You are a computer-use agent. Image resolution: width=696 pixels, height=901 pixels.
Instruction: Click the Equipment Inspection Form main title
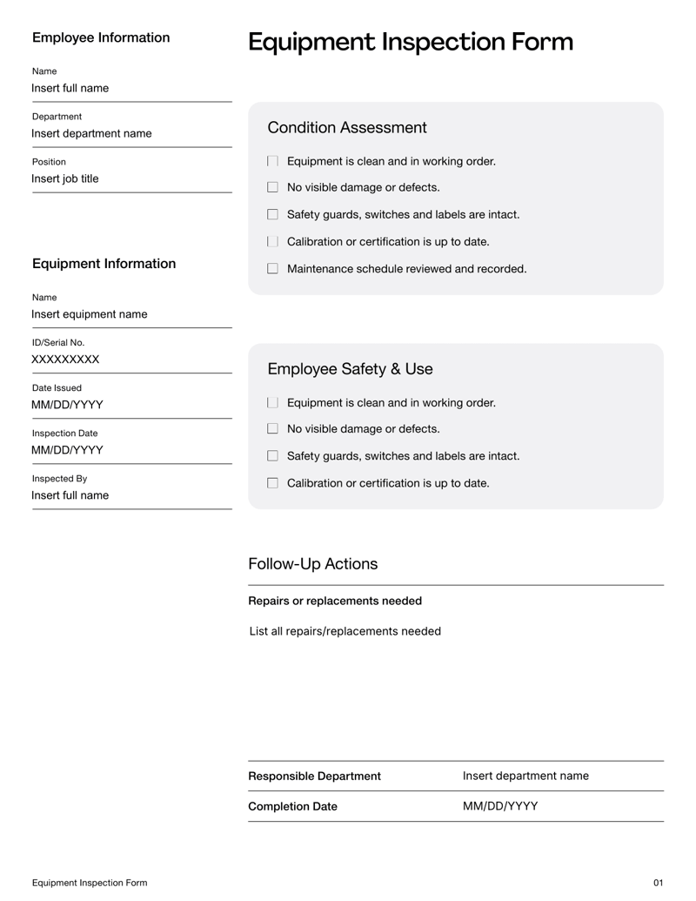(x=410, y=42)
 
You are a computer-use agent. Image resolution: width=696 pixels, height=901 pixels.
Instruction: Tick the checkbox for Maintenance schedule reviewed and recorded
(x=272, y=269)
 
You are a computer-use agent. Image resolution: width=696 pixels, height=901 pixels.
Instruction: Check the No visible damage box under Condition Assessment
(x=272, y=187)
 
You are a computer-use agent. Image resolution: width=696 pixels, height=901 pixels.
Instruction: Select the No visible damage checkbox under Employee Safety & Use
(x=272, y=429)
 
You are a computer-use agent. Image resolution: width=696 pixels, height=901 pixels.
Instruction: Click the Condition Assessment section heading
(x=347, y=128)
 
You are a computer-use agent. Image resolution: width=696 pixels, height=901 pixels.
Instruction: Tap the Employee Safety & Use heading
(x=350, y=369)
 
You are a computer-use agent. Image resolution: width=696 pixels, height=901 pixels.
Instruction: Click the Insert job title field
(x=65, y=178)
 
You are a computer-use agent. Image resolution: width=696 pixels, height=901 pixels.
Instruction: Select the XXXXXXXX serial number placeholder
(x=65, y=360)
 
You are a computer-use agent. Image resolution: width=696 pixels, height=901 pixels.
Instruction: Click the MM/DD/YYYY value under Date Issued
(x=67, y=405)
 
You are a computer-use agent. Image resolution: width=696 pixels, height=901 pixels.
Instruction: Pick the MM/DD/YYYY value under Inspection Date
(x=67, y=450)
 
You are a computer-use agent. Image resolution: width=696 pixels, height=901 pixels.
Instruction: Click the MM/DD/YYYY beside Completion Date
(x=500, y=806)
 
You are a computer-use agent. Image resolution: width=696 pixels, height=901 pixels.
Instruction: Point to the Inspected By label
(x=59, y=478)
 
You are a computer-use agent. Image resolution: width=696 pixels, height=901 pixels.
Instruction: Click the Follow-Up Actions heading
(x=313, y=564)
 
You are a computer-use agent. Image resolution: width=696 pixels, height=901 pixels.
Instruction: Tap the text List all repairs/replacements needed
(x=345, y=631)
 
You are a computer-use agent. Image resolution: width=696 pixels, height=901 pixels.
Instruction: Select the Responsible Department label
(x=314, y=776)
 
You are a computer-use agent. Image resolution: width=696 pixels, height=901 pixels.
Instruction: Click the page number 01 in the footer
(x=658, y=883)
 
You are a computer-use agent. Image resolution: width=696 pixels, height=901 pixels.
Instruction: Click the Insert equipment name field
(x=90, y=314)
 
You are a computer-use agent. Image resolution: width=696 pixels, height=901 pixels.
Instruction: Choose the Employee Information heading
(x=101, y=37)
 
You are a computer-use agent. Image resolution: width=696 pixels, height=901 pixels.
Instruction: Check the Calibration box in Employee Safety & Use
(x=272, y=483)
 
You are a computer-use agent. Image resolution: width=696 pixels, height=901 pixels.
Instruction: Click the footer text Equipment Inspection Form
(x=90, y=883)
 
